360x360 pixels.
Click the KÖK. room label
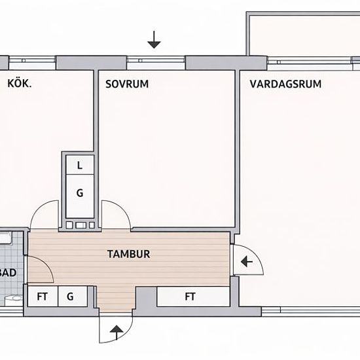(x=20, y=83)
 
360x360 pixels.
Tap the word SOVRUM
(x=127, y=84)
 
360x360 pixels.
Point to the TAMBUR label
(x=128, y=253)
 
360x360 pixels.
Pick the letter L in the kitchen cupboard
(x=80, y=166)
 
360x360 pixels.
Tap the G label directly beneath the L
(x=80, y=193)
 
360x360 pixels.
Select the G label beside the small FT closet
(x=69, y=297)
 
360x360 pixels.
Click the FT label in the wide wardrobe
(x=190, y=297)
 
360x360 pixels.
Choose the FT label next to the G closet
(x=43, y=297)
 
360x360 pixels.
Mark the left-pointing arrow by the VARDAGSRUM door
(x=246, y=262)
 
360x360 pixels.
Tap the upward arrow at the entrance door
(x=117, y=331)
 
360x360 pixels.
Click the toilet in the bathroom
(x=11, y=300)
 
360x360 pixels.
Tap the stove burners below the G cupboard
(x=80, y=225)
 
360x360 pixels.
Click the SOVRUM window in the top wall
(x=156, y=63)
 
